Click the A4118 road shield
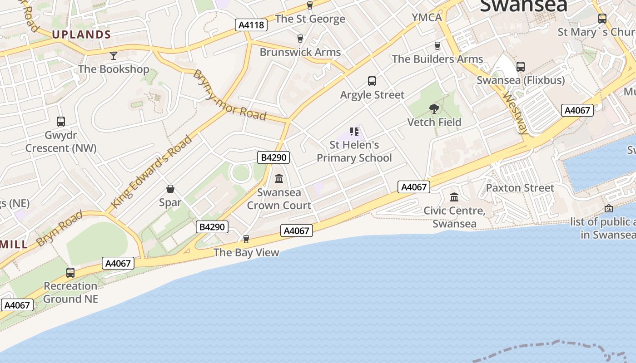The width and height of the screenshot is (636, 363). [x=251, y=25]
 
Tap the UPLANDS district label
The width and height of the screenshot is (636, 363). [x=81, y=34]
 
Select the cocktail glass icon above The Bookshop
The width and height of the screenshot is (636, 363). [x=113, y=56]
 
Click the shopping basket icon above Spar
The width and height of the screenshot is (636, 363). [x=170, y=189]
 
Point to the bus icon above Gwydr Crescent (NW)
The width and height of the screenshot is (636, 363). [x=61, y=122]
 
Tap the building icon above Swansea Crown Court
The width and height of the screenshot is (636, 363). [x=279, y=179]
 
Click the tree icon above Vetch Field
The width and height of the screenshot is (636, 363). [x=434, y=109]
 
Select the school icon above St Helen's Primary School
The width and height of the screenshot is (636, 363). [x=354, y=132]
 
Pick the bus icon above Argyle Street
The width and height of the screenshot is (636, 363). [x=372, y=81]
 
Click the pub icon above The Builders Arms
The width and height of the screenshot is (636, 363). [x=437, y=46]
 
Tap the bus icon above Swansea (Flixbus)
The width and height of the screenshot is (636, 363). [x=521, y=67]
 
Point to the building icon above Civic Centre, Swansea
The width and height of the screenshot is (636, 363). [x=454, y=197]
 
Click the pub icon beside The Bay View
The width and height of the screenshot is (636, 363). [x=246, y=239]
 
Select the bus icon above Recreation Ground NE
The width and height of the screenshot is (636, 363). [x=70, y=273]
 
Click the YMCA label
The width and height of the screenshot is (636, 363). [x=427, y=18]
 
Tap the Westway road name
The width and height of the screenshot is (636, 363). [x=515, y=113]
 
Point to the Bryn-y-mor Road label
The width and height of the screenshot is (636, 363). [x=229, y=95]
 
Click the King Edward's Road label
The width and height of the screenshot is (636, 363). [x=151, y=172]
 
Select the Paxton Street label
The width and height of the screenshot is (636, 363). [x=520, y=188]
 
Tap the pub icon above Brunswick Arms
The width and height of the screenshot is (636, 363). [x=300, y=39]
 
